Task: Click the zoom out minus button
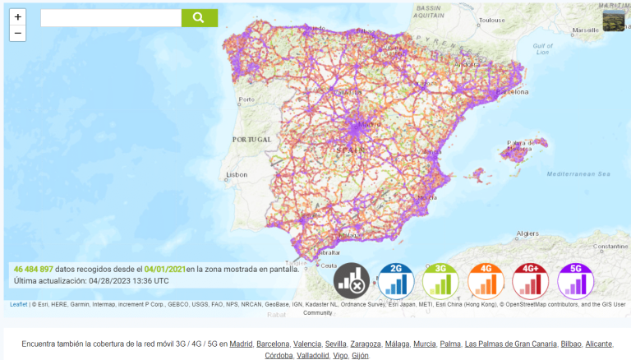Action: (x=18, y=34)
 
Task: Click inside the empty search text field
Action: (x=110, y=18)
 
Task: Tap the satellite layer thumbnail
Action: (x=613, y=21)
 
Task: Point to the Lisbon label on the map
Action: (x=237, y=174)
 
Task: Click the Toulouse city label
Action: (x=492, y=20)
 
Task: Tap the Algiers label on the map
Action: (x=526, y=233)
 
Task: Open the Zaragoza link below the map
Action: (x=366, y=344)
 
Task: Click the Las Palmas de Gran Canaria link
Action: (x=510, y=344)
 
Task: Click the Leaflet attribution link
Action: (x=17, y=304)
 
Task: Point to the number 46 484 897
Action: (x=34, y=269)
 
